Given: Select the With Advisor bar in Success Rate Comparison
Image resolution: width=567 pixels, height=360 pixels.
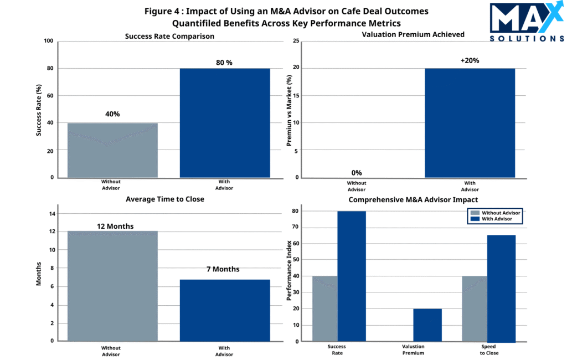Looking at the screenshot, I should [x=225, y=123].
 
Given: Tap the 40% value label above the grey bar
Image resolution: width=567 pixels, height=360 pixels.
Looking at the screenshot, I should [x=112, y=114].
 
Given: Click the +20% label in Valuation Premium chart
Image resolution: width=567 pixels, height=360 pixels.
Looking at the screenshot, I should [x=470, y=60].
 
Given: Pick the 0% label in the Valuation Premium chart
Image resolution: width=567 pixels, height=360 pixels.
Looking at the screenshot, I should [x=357, y=173].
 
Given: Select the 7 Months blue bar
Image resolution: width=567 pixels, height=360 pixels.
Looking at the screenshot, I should [x=225, y=310].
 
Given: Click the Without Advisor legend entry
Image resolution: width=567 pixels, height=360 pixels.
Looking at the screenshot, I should [x=497, y=212].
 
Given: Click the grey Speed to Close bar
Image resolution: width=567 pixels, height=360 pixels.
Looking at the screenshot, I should [x=474, y=308].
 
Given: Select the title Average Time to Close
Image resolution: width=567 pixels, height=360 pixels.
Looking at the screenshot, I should [x=165, y=199].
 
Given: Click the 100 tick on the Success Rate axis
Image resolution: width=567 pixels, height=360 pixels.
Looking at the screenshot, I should [x=49, y=41].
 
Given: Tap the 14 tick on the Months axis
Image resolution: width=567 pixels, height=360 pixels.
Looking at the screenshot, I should [x=51, y=213].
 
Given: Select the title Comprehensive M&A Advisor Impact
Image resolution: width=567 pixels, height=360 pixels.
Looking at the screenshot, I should [x=413, y=199].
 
